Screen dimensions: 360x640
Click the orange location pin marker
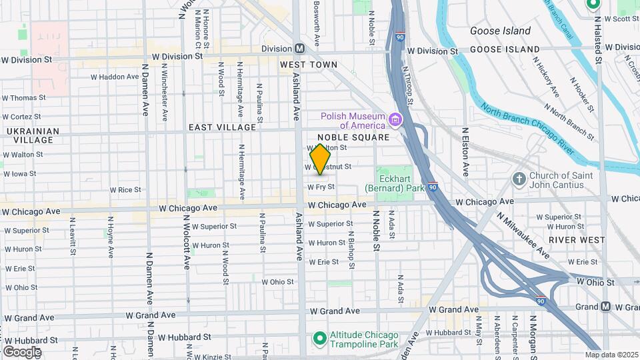(321, 159)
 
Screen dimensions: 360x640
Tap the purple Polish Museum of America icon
(395, 120)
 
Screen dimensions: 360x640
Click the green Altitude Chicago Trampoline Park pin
(319, 339)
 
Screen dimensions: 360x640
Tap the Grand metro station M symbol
(605, 307)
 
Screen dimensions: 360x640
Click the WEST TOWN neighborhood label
(309, 65)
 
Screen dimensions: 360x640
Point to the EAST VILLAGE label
(222, 127)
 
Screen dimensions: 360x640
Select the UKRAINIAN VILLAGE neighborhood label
(29, 135)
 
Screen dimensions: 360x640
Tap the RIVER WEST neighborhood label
(577, 239)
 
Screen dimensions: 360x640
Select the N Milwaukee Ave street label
(523, 235)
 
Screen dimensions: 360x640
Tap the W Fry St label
(321, 187)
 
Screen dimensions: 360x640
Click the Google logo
(22, 351)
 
